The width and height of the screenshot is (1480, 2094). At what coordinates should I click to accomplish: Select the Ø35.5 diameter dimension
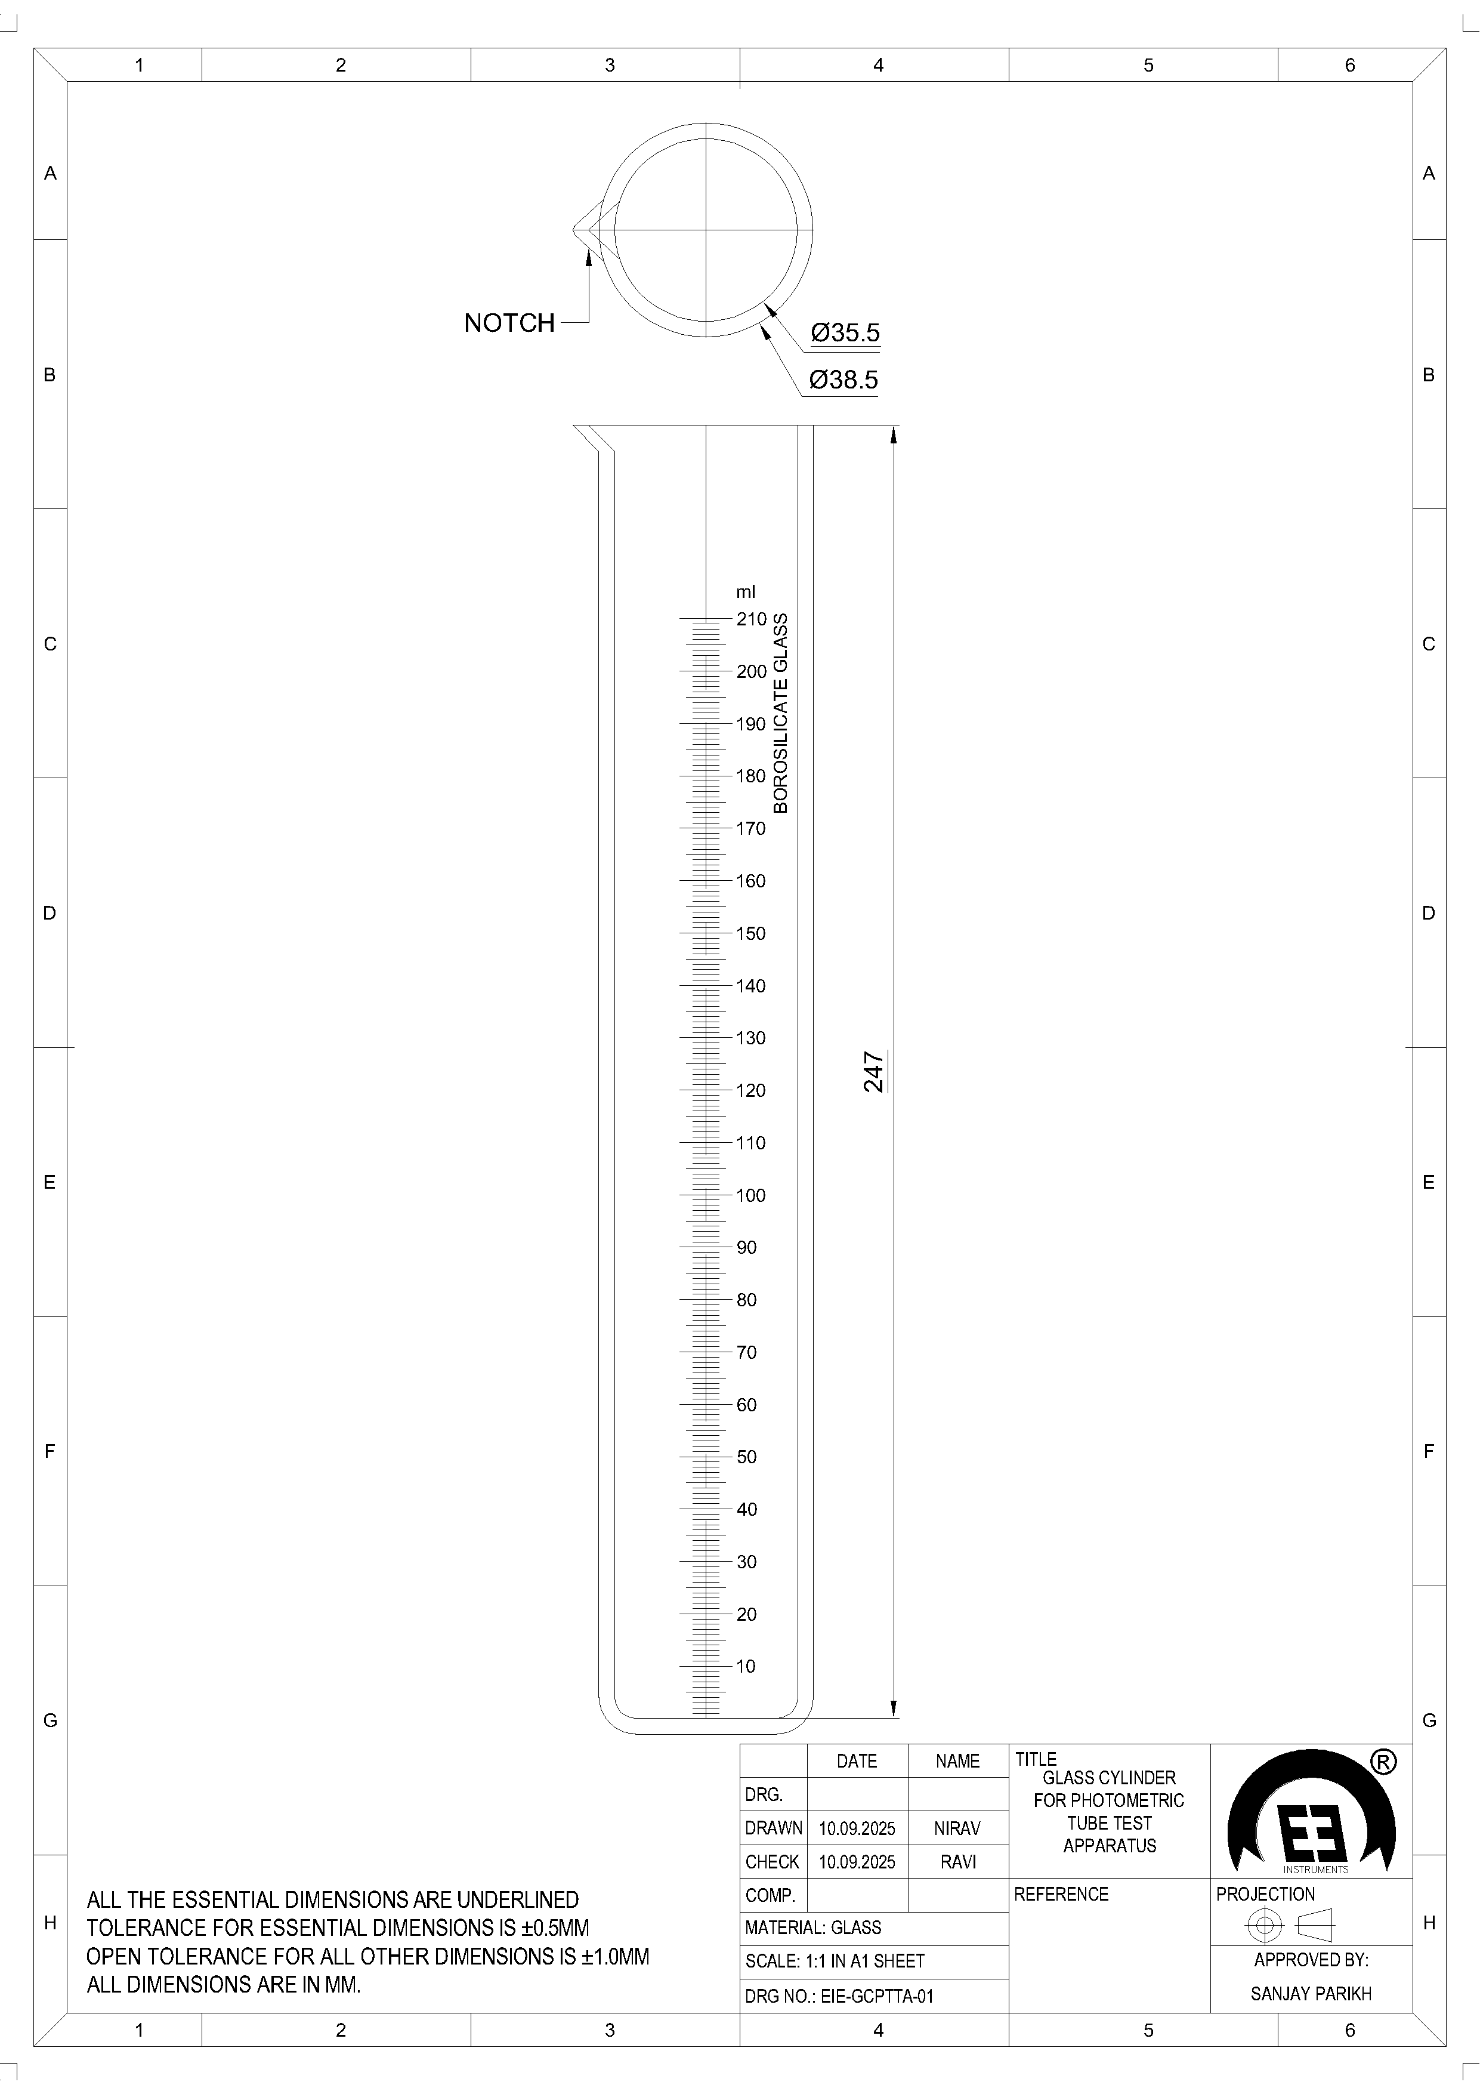[x=845, y=333]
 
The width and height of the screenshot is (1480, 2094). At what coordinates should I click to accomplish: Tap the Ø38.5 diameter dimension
[x=843, y=380]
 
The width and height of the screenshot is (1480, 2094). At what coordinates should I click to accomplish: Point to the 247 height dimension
[x=873, y=1072]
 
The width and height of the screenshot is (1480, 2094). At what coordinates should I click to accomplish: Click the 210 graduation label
[x=752, y=619]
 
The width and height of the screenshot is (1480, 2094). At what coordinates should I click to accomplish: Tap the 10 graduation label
[x=746, y=1666]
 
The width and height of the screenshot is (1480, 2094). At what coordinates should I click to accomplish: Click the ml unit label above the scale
[x=746, y=592]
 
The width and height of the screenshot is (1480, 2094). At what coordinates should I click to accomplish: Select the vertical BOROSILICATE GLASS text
[x=781, y=713]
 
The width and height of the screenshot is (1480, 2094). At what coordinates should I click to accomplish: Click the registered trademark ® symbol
[x=1383, y=1763]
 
